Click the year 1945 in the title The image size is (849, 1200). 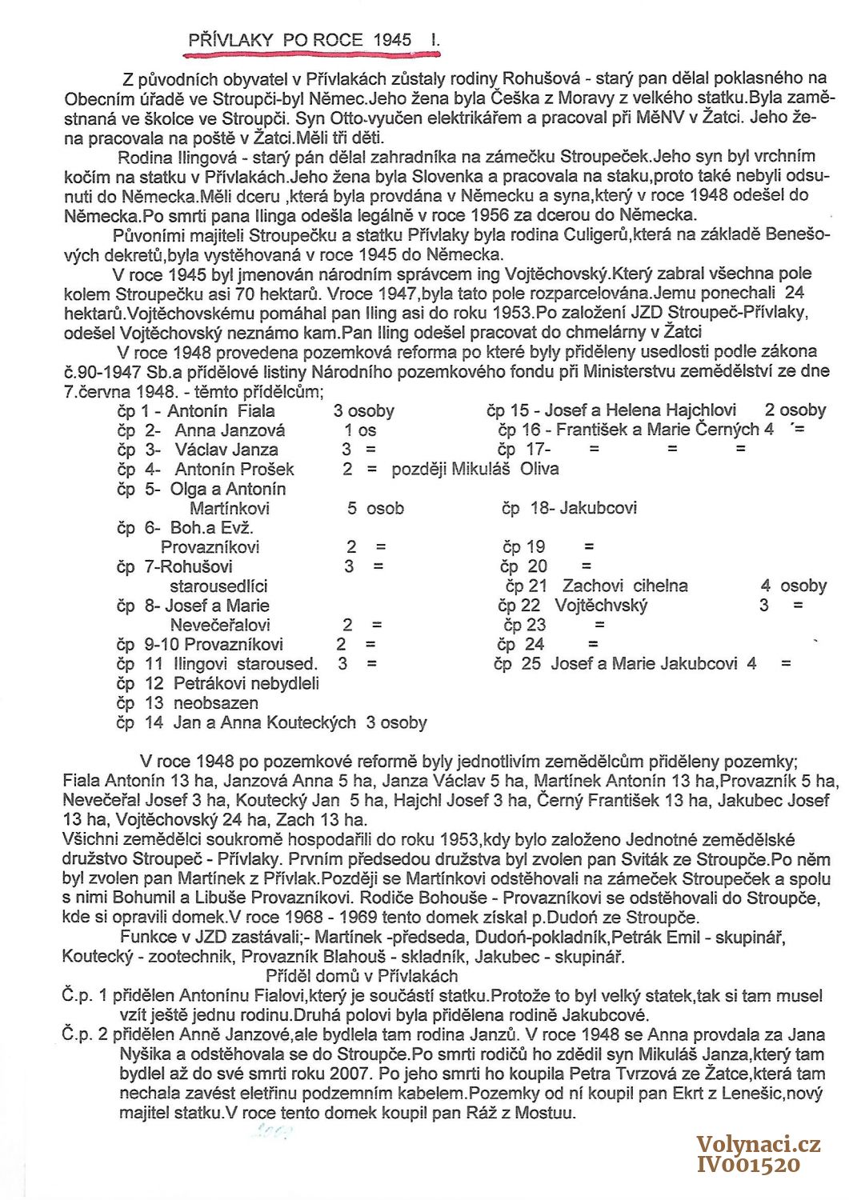392,39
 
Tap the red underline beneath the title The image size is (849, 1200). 312,54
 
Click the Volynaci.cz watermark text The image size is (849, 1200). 758,1145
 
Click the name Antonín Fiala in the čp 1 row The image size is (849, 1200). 221,411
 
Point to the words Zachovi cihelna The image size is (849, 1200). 625,586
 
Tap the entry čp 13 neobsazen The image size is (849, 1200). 187,703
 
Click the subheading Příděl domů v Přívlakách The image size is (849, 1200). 362,976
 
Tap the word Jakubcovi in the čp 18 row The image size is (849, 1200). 599,508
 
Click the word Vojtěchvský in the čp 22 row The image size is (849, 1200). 601,606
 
